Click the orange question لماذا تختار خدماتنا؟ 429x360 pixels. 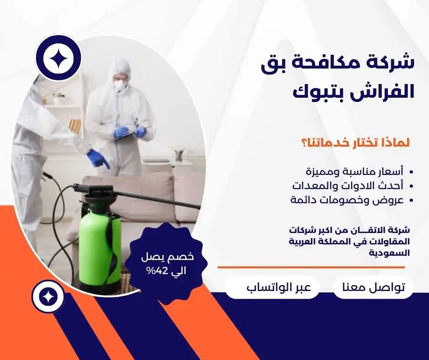[356, 143]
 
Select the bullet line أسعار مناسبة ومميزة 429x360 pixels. [355, 172]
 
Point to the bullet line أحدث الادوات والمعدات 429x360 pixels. [348, 185]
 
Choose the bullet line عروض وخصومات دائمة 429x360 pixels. [347, 200]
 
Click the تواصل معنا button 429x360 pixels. [373, 287]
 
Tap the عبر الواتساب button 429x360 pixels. [279, 287]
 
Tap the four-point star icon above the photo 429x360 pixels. [58, 58]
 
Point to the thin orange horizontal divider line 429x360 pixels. [311, 267]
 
